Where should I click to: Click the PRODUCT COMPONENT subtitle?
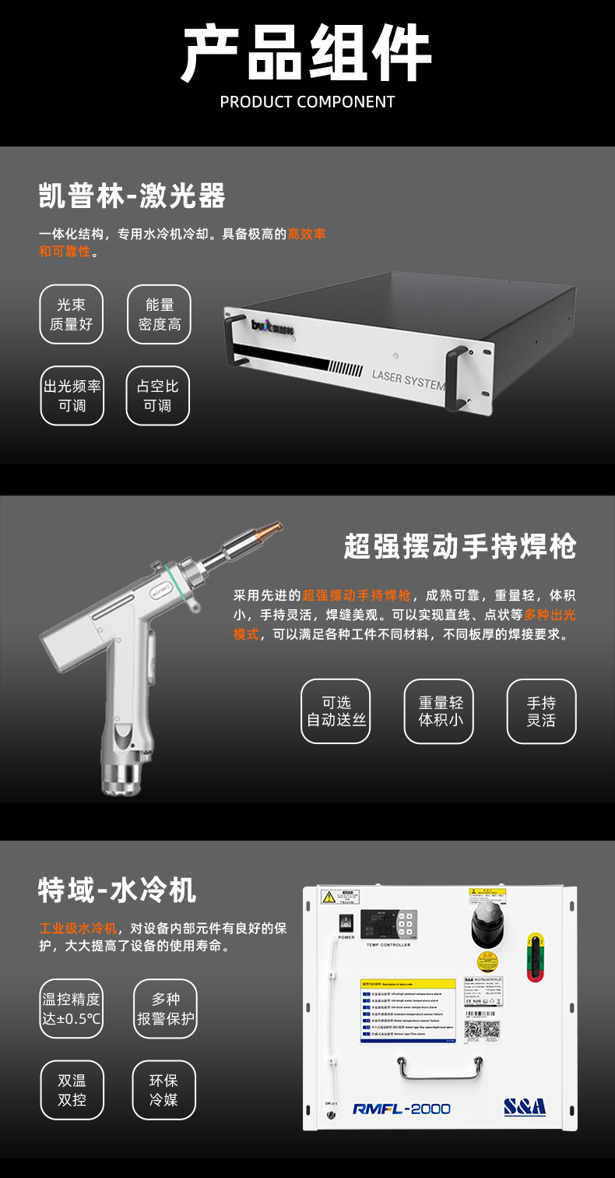tap(307, 102)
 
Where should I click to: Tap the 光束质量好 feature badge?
tap(71, 314)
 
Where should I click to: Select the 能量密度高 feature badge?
tap(159, 314)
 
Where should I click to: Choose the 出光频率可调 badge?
tap(72, 396)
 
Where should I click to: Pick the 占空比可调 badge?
tap(158, 396)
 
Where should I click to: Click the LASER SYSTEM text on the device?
tap(407, 379)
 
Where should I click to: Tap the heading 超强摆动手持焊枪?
tap(459, 547)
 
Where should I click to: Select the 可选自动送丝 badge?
tap(336, 711)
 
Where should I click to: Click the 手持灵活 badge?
tap(541, 711)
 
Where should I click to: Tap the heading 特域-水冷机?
tap(117, 890)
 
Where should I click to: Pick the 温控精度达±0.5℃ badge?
tap(71, 1009)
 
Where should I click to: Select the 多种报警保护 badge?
tap(165, 1009)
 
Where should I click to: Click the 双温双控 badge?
tap(72, 1090)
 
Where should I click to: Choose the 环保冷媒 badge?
tap(164, 1090)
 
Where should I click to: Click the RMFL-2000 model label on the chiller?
tap(401, 1109)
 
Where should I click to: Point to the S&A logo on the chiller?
tap(524, 1107)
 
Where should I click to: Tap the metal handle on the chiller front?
tap(441, 1068)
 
